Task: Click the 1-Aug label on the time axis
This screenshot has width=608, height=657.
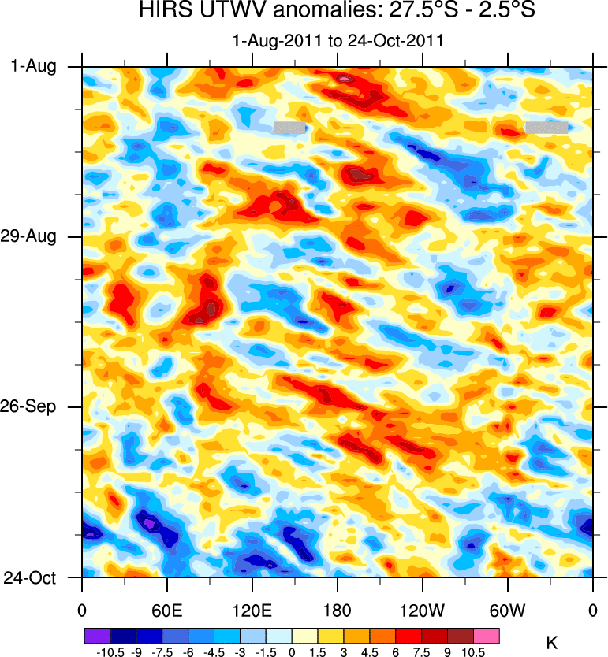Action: click(34, 67)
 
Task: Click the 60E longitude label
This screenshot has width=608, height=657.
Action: click(166, 610)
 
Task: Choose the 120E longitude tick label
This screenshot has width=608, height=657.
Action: click(252, 610)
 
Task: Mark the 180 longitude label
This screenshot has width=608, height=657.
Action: click(337, 610)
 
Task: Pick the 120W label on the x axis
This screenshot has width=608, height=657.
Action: click(422, 610)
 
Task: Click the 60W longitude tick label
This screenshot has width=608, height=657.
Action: click(507, 610)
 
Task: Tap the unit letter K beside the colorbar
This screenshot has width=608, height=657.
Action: click(552, 644)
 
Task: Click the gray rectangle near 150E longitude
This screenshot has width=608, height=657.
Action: click(289, 127)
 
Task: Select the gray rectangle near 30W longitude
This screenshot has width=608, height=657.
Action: click(546, 127)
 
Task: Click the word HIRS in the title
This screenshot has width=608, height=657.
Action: click(162, 12)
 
